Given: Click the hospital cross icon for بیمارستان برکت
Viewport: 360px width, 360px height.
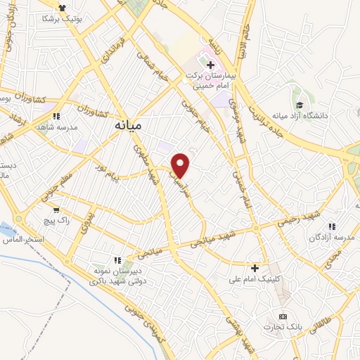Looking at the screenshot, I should [x=210, y=65].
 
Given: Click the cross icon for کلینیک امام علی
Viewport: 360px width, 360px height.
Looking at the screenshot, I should [x=255, y=268].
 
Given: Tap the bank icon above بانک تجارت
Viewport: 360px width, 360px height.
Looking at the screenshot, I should [x=283, y=316].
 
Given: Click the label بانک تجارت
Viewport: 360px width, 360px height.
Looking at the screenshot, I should [x=283, y=328].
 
